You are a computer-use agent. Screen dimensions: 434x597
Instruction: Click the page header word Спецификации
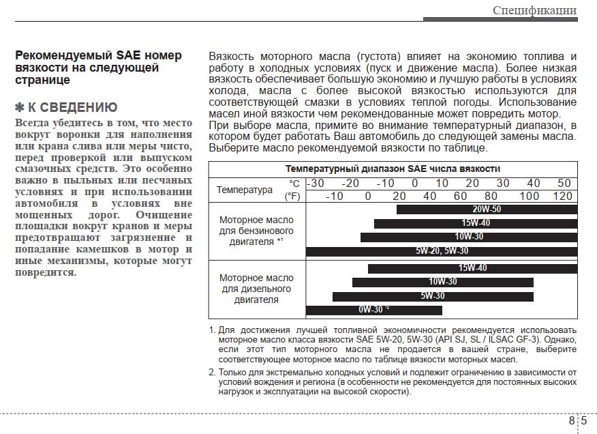(x=534, y=10)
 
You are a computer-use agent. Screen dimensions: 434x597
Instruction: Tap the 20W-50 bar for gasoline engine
(x=487, y=209)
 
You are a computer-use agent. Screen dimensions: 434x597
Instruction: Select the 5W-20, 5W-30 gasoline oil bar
(x=442, y=251)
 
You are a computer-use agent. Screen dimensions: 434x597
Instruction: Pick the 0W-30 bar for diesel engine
(x=373, y=310)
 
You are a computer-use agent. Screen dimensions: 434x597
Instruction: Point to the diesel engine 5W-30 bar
(x=432, y=296)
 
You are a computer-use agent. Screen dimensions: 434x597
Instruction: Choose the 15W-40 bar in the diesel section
(x=472, y=268)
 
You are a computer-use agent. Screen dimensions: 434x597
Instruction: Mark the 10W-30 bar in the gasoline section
(x=468, y=237)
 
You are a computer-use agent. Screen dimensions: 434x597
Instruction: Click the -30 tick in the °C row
(x=316, y=184)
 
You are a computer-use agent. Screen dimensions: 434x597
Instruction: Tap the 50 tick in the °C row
(x=564, y=184)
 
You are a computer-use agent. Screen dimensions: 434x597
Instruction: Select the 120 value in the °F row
(x=562, y=197)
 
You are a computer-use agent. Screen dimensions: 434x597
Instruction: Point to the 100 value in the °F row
(x=530, y=197)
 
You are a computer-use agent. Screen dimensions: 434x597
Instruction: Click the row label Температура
(x=244, y=190)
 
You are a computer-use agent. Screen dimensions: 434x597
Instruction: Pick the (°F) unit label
(x=292, y=197)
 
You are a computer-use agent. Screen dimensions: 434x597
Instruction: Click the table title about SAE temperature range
(x=393, y=169)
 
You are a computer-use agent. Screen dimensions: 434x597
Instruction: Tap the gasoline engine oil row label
(x=256, y=231)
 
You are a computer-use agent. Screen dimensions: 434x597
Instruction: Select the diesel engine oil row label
(x=256, y=289)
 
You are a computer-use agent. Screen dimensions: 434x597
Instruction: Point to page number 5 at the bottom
(x=584, y=420)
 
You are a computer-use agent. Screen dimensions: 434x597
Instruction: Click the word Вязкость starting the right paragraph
(x=232, y=56)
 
